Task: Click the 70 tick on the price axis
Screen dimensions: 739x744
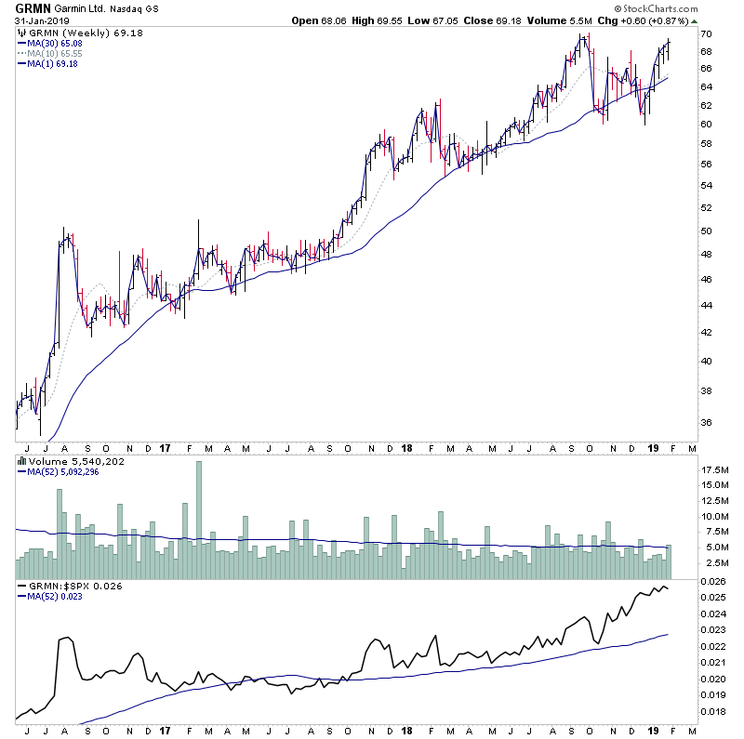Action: (x=707, y=34)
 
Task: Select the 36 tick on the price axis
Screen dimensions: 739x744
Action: (x=707, y=422)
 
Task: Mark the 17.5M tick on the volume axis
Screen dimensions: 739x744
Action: (x=713, y=469)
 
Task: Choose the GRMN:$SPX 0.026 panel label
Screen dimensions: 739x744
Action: (x=63, y=587)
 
